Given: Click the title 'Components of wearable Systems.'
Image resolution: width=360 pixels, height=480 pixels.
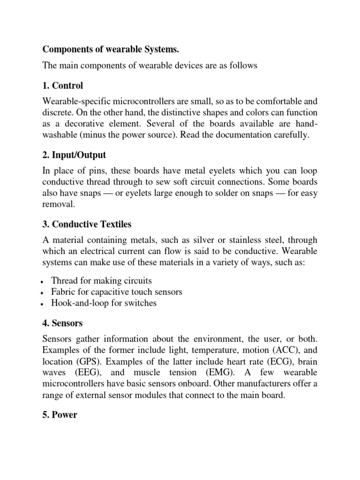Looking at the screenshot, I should [111, 49].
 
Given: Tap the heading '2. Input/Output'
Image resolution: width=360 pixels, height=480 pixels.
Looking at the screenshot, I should [75, 155].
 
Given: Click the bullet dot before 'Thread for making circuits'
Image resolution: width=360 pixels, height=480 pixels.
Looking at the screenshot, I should [43, 282].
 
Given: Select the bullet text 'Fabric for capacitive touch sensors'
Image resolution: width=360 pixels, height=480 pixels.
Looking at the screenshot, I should [117, 292].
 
